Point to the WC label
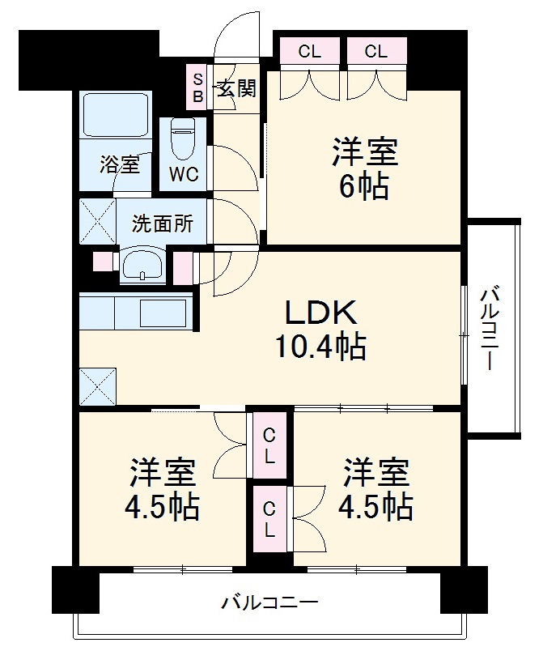[183, 173]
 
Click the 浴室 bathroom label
[119, 165]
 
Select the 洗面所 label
[163, 223]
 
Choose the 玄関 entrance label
[236, 87]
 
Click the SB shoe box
[197, 85]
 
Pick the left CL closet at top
[309, 53]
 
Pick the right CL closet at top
[375, 53]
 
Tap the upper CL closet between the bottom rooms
[269, 446]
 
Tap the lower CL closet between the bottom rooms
[269, 521]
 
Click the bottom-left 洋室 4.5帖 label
[163, 490]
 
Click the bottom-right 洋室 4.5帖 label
[376, 490]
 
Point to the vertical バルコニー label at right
[489, 328]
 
